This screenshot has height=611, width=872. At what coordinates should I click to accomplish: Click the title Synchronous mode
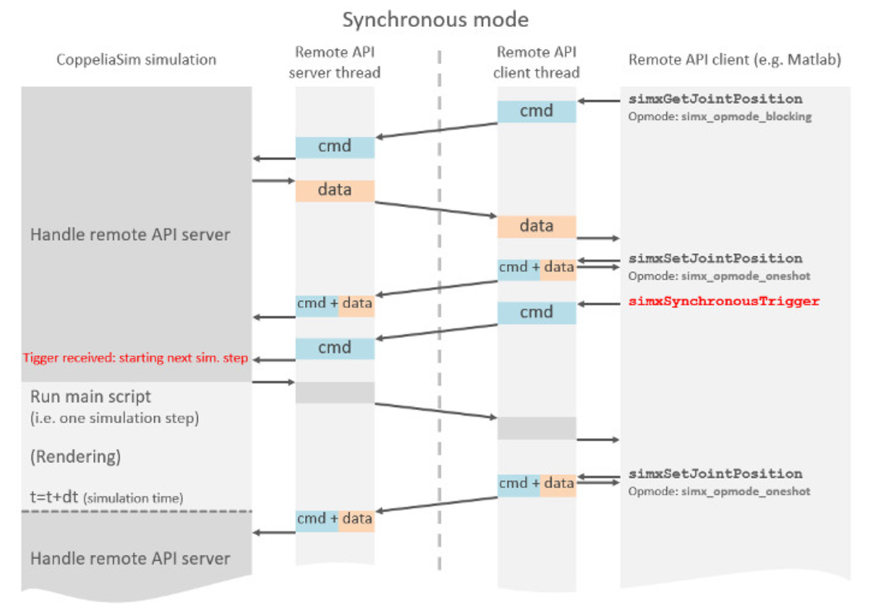(x=435, y=20)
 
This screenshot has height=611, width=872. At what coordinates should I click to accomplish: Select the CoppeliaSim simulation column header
(x=136, y=59)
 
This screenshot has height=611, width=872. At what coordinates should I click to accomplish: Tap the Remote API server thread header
(x=337, y=62)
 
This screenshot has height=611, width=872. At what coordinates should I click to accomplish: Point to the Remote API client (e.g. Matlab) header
(x=734, y=59)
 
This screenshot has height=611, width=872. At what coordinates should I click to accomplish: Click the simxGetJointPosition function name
(x=715, y=99)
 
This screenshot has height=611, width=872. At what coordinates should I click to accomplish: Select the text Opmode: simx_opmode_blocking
(x=720, y=116)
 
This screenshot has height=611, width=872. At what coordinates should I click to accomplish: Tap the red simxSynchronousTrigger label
(x=723, y=301)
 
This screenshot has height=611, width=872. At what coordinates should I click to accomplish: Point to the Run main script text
(x=91, y=397)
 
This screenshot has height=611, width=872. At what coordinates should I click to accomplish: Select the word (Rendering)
(x=75, y=456)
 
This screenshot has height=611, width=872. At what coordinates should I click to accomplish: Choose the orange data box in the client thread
(x=536, y=226)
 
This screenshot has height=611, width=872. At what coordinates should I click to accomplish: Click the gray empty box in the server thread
(x=335, y=392)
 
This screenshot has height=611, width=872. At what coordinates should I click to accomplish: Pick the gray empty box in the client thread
(x=536, y=428)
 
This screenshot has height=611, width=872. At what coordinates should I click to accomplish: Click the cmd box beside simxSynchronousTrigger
(x=536, y=312)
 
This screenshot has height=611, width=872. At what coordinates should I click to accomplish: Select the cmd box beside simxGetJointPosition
(x=536, y=111)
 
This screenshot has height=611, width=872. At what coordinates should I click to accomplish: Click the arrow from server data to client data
(x=435, y=209)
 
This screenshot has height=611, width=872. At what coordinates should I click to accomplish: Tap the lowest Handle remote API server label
(x=129, y=558)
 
